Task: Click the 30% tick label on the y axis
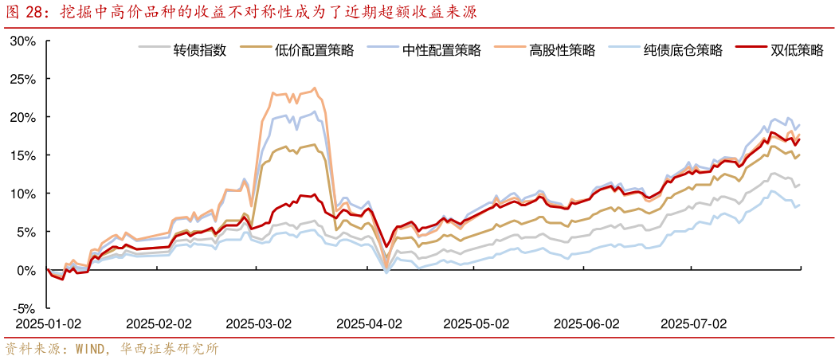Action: [x=24, y=41]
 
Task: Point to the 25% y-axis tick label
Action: [x=24, y=80]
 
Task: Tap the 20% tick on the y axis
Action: [x=24, y=118]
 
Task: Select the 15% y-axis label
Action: [x=24, y=156]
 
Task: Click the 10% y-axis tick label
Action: [x=24, y=194]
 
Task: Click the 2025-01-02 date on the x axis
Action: [x=49, y=324]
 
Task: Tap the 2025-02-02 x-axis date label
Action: [x=159, y=324]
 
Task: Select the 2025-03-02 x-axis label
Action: [x=258, y=324]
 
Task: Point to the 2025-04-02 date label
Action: [x=369, y=324]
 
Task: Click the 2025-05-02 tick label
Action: [x=476, y=324]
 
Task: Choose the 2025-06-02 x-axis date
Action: [x=586, y=324]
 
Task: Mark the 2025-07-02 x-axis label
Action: [x=693, y=324]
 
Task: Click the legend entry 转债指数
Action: [x=200, y=50]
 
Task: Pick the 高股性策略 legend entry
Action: [x=562, y=50]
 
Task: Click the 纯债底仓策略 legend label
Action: [x=683, y=50]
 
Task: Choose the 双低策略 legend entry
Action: [x=797, y=50]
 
